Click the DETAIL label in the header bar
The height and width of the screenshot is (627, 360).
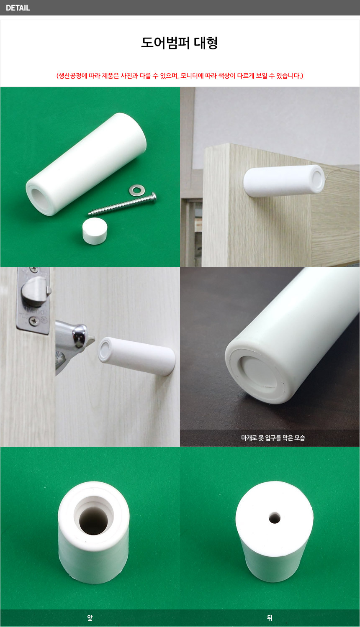tap(18, 8)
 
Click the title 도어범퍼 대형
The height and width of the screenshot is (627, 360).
tap(179, 43)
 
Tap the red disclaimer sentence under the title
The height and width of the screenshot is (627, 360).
tap(180, 76)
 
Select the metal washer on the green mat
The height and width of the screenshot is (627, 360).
tap(137, 190)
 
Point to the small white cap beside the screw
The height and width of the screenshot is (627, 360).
tap(95, 231)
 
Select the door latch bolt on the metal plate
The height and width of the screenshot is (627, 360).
tap(36, 291)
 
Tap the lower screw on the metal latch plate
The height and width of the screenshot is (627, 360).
tap(34, 321)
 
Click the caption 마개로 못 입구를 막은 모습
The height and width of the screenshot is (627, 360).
tap(273, 438)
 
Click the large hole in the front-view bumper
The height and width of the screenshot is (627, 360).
tap(93, 521)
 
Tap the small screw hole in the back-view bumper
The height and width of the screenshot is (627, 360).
tap(275, 518)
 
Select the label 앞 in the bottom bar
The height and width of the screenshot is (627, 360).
tap(90, 618)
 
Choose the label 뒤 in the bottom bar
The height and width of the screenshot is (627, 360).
tap(270, 618)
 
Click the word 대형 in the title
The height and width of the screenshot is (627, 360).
tap(206, 43)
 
